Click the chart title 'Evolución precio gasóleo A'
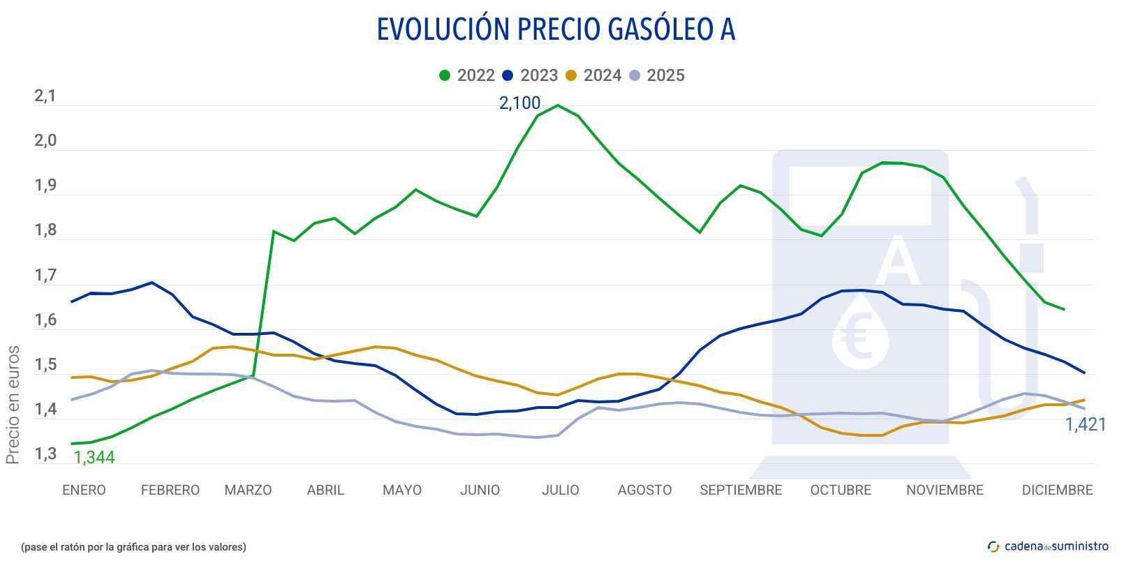click(556, 30)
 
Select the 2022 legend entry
click(467, 75)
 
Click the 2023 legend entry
click(530, 75)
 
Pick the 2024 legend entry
click(593, 75)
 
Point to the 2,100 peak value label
click(519, 103)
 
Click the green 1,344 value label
click(94, 458)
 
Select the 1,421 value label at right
click(1085, 424)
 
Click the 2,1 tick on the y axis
click(45, 96)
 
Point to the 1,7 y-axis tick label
click(45, 276)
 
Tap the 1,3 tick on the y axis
click(45, 455)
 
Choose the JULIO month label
click(560, 490)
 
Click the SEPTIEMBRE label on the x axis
click(741, 490)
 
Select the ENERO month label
click(84, 490)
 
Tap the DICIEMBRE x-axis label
click(1057, 490)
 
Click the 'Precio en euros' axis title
click(13, 405)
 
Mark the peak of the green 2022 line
click(557, 105)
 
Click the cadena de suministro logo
click(1048, 546)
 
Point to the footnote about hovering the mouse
click(134, 547)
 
